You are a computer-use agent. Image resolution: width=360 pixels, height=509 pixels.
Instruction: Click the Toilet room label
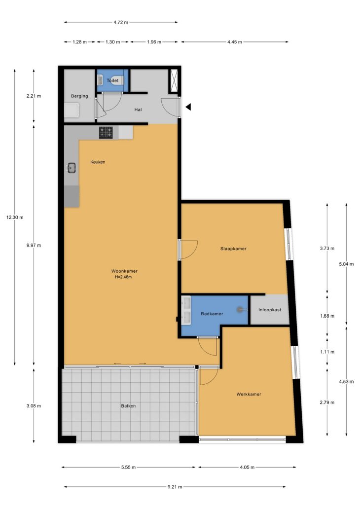tap(112, 80)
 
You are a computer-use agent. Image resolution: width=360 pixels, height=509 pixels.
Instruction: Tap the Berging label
tap(79, 96)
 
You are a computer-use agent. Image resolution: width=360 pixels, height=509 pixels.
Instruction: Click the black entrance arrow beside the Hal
tap(188, 107)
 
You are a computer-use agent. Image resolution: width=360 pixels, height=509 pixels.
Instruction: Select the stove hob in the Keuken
tap(106, 133)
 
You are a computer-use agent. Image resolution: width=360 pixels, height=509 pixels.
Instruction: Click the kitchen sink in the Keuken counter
tap(72, 168)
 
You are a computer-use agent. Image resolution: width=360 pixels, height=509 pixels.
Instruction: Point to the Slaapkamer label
tap(233, 249)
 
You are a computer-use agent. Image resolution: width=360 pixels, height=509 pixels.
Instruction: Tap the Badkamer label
tap(212, 314)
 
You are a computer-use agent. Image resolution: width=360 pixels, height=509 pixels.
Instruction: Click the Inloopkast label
tap(270, 310)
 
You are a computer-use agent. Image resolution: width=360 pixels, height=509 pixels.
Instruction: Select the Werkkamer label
tap(249, 394)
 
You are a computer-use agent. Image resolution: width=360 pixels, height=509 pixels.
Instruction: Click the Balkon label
tap(128, 406)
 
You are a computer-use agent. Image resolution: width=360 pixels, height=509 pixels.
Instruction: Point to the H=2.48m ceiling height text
tap(123, 277)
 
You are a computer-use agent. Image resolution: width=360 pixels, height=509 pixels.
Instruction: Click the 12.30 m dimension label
tap(15, 218)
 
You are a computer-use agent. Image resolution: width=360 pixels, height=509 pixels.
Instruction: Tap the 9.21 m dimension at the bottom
tap(175, 487)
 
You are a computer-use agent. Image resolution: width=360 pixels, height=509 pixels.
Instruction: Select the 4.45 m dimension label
tap(235, 42)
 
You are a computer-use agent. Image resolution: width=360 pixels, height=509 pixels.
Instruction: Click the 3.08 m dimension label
tap(34, 406)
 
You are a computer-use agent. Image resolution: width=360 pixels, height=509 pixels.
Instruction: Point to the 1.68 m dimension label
tap(327, 316)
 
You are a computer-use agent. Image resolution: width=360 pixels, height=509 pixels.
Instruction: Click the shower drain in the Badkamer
tap(240, 310)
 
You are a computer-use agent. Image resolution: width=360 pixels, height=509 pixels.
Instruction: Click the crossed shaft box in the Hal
tap(173, 80)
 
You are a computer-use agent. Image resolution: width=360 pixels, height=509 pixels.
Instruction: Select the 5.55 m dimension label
tap(129, 467)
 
